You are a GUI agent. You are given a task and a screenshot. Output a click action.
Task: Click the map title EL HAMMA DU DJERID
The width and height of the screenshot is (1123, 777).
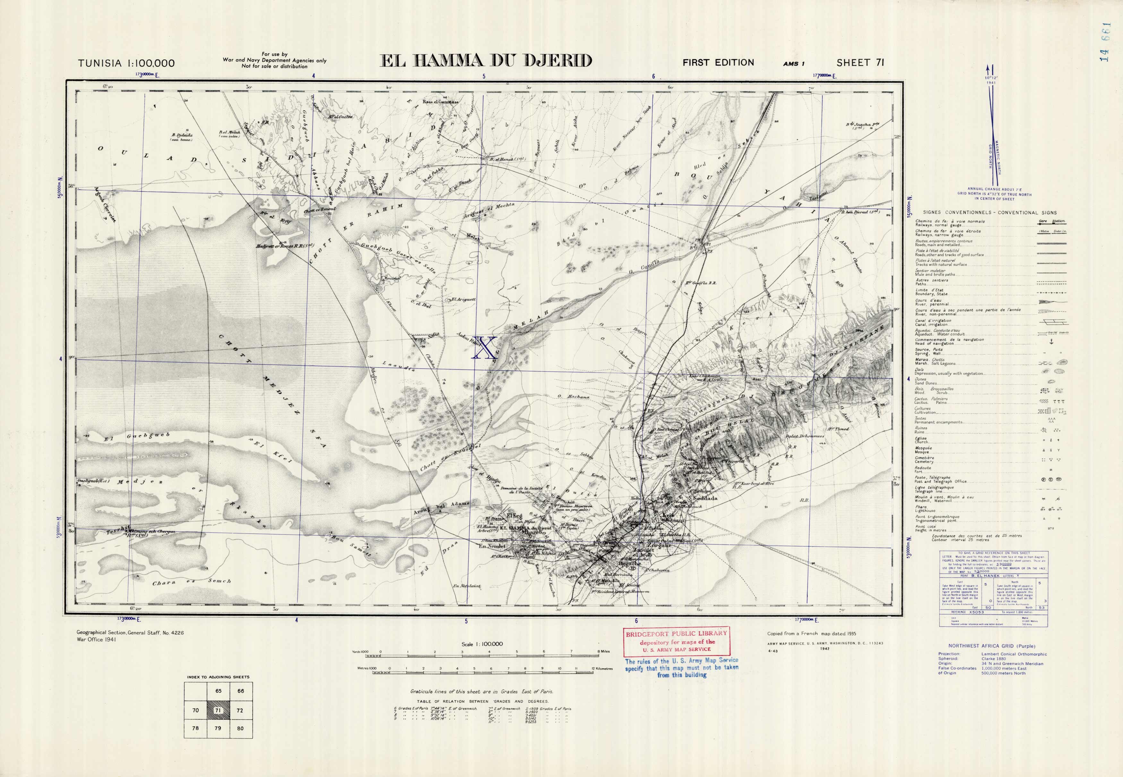485,61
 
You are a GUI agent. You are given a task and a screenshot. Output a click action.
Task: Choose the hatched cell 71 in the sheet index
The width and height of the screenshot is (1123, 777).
218,710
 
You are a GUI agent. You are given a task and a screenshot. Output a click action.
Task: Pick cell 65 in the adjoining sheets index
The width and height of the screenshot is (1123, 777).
218,691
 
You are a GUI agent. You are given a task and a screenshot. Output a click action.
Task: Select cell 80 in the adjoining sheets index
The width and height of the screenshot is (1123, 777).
240,728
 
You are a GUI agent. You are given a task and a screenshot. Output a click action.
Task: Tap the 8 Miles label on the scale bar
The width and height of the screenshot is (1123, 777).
604,651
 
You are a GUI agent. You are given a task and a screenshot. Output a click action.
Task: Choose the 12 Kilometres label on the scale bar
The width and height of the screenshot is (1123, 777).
602,668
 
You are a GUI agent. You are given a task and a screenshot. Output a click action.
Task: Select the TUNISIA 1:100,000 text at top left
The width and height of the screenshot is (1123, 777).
126,63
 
